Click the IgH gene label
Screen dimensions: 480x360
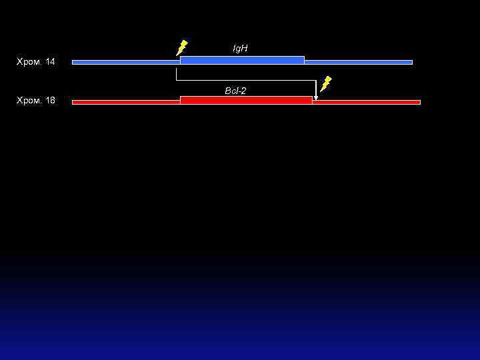click(x=240, y=49)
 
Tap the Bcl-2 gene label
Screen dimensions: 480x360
click(x=235, y=91)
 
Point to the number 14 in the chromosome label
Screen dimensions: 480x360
click(x=51, y=62)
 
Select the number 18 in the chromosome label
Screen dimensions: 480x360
click(x=51, y=101)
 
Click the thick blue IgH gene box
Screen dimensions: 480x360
click(x=242, y=60)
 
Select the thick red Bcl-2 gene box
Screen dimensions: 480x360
click(x=245, y=100)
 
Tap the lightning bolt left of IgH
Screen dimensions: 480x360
click(x=181, y=48)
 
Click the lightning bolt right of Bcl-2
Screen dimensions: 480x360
click(x=325, y=84)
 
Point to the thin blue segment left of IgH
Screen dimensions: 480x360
click(x=125, y=62)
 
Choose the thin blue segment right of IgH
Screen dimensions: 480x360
click(x=358, y=62)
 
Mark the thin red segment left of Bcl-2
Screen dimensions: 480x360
click(x=125, y=102)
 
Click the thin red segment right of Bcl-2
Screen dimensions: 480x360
click(x=366, y=102)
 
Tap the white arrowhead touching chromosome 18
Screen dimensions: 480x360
click(x=316, y=97)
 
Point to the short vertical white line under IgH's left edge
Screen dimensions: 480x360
click(x=177, y=73)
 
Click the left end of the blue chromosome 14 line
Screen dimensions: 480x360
click(x=73, y=62)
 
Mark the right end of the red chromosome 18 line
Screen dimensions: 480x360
click(x=419, y=102)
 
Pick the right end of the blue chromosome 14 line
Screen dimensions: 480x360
click(x=411, y=62)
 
